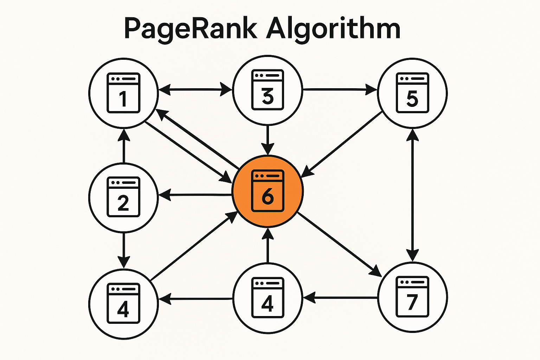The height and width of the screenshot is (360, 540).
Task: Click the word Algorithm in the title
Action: [333, 29]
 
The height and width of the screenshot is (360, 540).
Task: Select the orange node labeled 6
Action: [268, 192]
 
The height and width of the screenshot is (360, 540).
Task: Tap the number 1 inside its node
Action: [123, 98]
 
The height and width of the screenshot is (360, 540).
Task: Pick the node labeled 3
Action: [268, 90]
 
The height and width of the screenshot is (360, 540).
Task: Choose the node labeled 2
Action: [123, 197]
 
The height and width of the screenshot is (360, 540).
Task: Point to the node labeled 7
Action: [412, 297]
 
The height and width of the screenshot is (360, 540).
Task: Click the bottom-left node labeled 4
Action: [123, 303]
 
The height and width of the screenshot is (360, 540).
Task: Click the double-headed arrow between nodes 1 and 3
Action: [195, 89]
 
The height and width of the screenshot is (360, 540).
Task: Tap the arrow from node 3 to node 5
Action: [339, 89]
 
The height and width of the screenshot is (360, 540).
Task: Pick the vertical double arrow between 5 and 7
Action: [412, 195]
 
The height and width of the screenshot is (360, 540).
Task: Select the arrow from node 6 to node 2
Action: [195, 194]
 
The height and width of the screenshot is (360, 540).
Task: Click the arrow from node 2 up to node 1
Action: [123, 146]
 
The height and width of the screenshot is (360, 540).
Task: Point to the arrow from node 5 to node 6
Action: [343, 144]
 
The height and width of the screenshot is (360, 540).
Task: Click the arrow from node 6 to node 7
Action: [339, 244]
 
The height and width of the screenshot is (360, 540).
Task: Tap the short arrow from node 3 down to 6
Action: [268, 139]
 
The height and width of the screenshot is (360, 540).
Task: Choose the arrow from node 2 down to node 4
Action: [123, 250]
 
